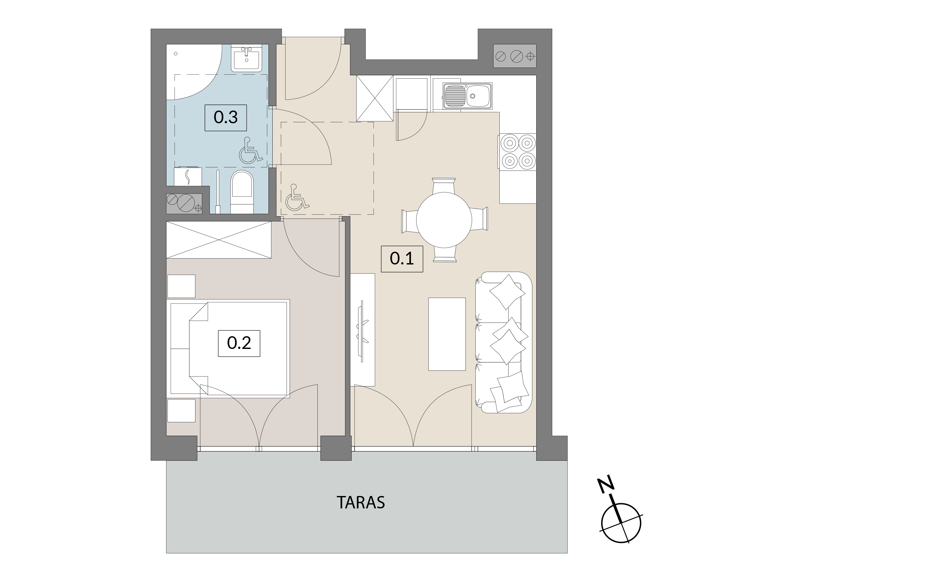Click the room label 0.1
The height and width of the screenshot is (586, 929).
pyautogui.click(x=402, y=259)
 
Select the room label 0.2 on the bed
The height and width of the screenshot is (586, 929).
pyautogui.click(x=239, y=343)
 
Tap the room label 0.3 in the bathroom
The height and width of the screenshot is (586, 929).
pyautogui.click(x=225, y=117)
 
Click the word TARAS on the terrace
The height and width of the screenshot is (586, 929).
pyautogui.click(x=361, y=502)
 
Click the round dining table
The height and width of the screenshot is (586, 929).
pyautogui.click(x=444, y=220)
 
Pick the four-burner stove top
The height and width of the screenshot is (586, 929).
pyautogui.click(x=518, y=152)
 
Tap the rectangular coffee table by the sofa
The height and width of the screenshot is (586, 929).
pyautogui.click(x=447, y=334)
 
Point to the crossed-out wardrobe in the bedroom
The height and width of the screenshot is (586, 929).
pyautogui.click(x=219, y=240)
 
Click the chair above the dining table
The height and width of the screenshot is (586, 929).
pyautogui.click(x=444, y=186)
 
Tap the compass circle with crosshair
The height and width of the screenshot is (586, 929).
pyautogui.click(x=621, y=523)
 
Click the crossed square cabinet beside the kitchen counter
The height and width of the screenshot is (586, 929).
pyautogui.click(x=374, y=98)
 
